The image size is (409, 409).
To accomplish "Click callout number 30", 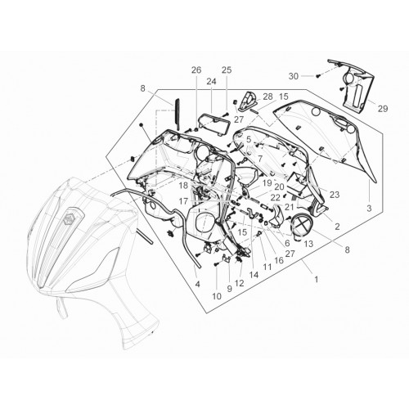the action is (294, 76).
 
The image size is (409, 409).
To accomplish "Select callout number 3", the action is (369, 209).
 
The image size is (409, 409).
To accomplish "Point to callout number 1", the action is (317, 279).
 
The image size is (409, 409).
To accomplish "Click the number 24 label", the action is (211, 81).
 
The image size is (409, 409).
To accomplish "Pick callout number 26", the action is (196, 70).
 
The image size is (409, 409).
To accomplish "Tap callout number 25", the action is (227, 70).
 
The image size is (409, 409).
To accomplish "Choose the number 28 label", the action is (267, 97).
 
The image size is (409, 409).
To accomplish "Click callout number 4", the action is (197, 284).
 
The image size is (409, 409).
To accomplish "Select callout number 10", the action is (217, 296).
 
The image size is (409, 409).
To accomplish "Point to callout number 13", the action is (308, 244).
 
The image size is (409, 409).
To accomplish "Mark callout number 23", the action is (335, 195).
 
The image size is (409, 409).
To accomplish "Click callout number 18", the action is (183, 186).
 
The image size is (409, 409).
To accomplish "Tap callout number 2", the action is (337, 227).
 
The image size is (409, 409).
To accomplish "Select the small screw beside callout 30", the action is (317, 76).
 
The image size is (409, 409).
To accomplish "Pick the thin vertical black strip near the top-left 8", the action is (178, 114).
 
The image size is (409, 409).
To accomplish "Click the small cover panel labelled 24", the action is (213, 124).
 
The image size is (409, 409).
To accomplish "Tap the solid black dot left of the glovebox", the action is (141, 125).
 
